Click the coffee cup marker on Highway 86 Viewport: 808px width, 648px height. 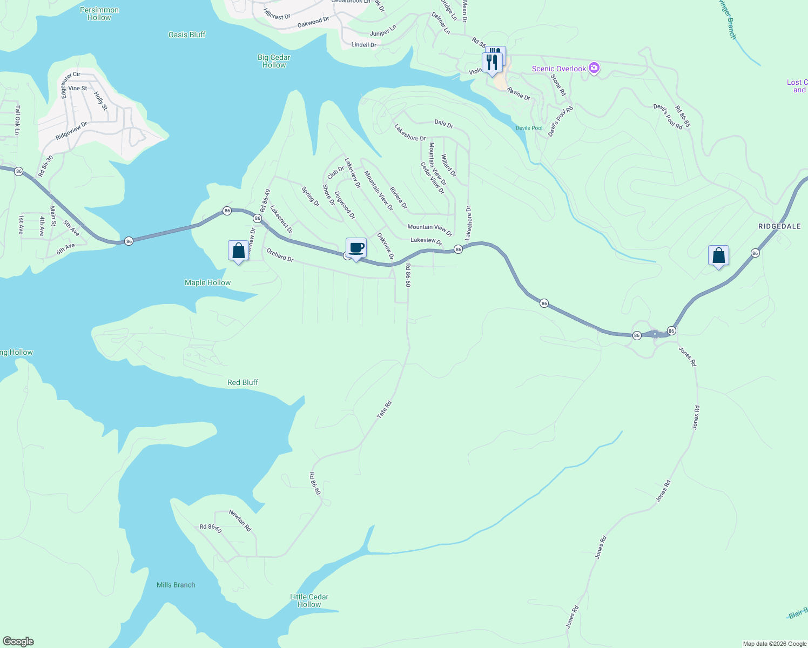(356, 248)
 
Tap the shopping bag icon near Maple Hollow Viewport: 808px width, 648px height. (238, 251)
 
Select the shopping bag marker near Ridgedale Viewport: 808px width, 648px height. (718, 256)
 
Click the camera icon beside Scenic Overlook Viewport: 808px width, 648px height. (594, 69)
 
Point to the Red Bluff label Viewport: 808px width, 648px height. (243, 382)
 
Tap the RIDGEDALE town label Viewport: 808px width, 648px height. (779, 226)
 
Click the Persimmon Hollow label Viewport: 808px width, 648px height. (99, 14)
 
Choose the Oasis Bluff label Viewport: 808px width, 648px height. (187, 35)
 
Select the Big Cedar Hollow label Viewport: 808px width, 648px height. (274, 61)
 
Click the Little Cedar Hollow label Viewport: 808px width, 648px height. (309, 600)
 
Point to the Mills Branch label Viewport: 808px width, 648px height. (176, 585)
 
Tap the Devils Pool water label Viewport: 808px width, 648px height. (529, 128)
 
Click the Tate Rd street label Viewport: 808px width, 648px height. (384, 409)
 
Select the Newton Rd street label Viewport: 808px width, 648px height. (240, 521)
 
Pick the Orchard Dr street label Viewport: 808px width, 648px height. (280, 255)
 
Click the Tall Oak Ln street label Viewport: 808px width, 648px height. (17, 120)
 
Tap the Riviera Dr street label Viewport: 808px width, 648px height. (399, 198)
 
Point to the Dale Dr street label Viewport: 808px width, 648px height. (443, 124)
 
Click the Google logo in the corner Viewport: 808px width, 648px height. (18, 642)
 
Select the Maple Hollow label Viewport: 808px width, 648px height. (207, 282)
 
